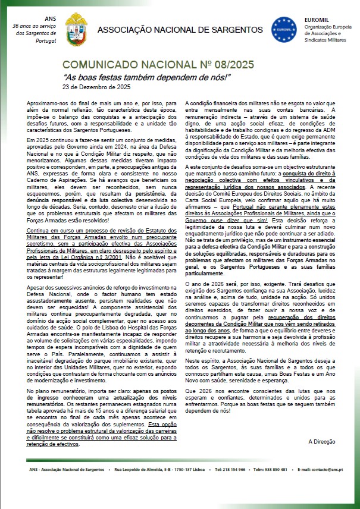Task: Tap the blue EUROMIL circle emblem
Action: pos(283,29)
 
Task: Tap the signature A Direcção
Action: pos(322,442)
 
